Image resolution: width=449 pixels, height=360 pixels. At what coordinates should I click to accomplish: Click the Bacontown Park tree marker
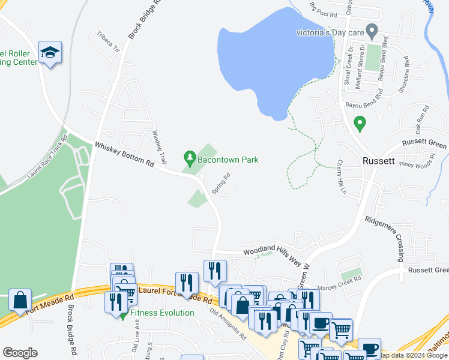pyautogui.click(x=190, y=159)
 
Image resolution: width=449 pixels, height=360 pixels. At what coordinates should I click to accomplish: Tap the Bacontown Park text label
pyautogui.click(x=229, y=160)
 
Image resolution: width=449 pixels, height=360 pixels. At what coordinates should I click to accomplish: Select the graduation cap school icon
pyautogui.click(x=50, y=53)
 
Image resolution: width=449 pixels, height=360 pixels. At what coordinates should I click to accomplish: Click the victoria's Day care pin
pyautogui.click(x=372, y=30)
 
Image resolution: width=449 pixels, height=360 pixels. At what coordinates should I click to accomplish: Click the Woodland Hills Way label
pyautogui.click(x=272, y=253)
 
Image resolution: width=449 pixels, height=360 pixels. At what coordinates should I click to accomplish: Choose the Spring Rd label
pyautogui.click(x=221, y=184)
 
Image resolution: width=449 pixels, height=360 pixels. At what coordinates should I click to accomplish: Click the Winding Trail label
pyautogui.click(x=158, y=148)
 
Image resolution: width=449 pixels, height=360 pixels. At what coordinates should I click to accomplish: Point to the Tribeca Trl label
pyautogui.click(x=109, y=41)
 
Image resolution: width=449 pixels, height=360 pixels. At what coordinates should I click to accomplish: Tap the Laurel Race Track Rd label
pyautogui.click(x=47, y=157)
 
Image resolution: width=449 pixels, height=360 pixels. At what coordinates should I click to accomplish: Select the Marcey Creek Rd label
pyautogui.click(x=340, y=279)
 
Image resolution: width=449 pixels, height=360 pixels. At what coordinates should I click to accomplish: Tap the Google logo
pyautogui.click(x=20, y=353)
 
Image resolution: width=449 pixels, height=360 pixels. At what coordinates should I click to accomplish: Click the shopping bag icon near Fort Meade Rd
pyautogui.click(x=20, y=299)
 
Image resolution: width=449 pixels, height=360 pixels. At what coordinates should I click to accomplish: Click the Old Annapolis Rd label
pyautogui.click(x=228, y=325)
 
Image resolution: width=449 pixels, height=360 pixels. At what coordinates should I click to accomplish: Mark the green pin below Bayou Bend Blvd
pyautogui.click(x=360, y=124)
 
